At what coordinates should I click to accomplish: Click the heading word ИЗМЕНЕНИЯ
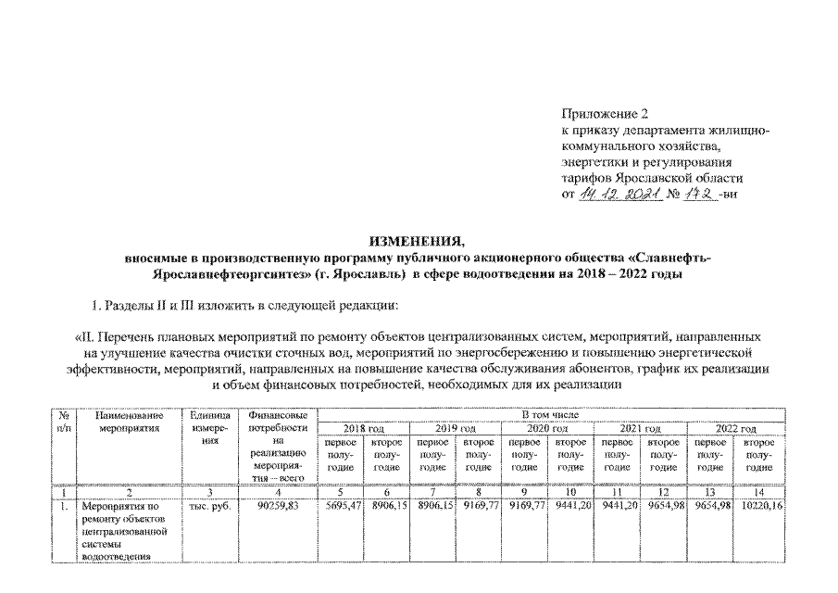(x=419, y=241)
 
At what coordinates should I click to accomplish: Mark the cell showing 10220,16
(x=761, y=507)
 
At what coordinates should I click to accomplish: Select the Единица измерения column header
(x=210, y=429)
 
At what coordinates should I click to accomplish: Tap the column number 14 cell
(x=760, y=491)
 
